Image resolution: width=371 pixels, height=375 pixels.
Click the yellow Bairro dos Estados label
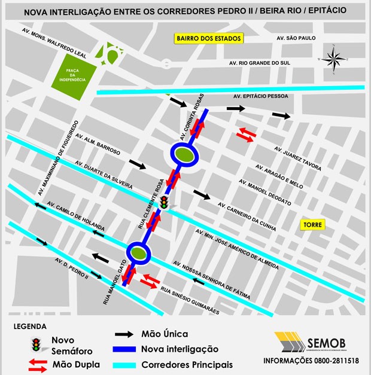[208, 39]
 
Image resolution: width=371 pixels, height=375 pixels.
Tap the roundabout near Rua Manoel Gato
[139, 253]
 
